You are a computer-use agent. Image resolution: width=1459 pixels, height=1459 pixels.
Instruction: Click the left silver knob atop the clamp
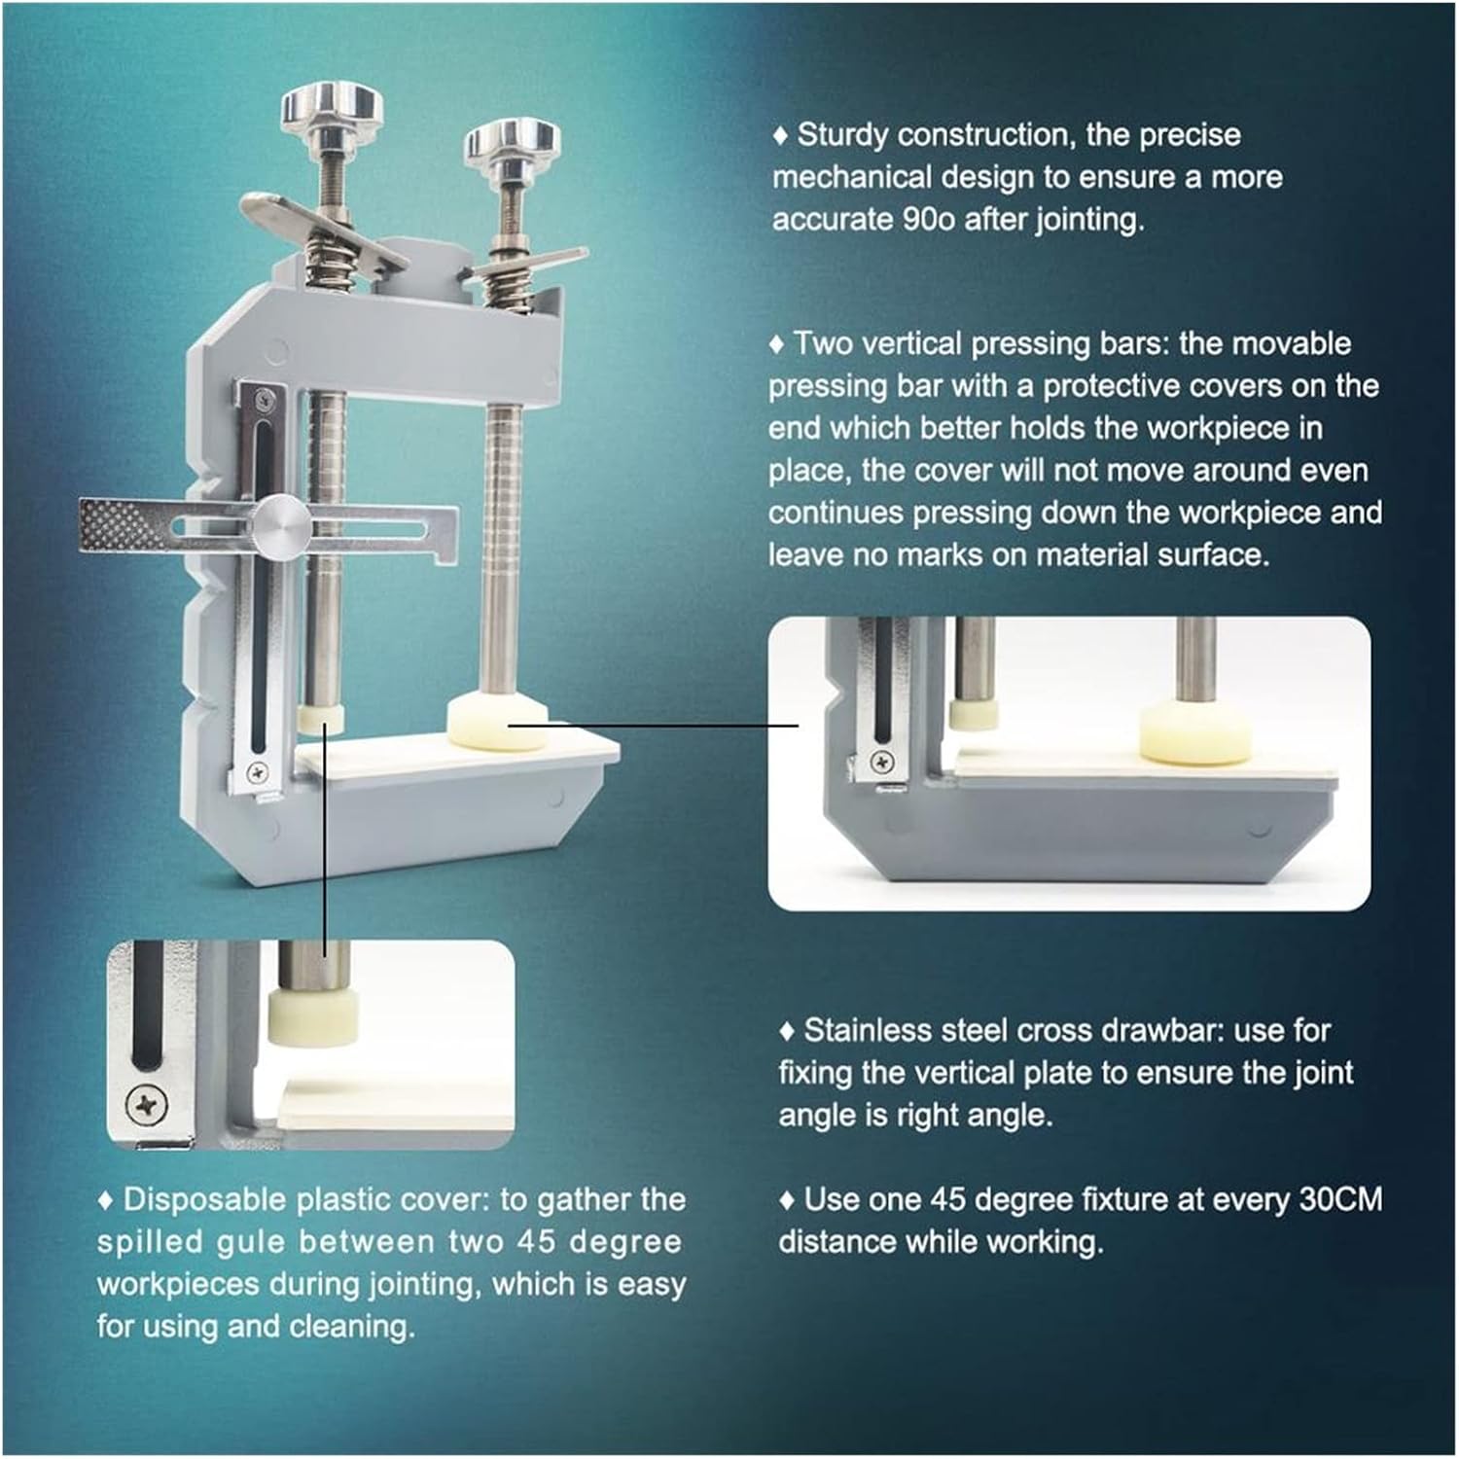332,107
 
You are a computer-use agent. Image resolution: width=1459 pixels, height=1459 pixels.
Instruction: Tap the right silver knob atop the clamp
513,142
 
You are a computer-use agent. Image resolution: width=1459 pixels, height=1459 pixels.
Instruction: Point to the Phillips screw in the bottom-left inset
146,1104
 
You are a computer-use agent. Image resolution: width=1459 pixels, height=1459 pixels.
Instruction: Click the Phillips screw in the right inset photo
881,763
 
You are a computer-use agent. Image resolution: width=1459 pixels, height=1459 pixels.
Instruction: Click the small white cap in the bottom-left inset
312,1016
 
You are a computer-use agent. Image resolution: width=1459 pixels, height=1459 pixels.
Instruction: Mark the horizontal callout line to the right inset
652,725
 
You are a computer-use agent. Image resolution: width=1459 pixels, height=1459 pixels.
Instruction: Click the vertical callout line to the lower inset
324,846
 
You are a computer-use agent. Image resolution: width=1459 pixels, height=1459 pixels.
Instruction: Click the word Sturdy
843,135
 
